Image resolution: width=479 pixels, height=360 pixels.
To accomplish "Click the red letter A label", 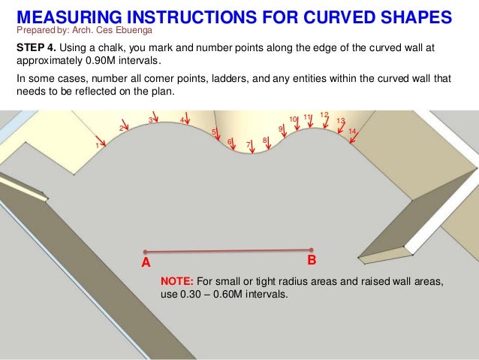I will (146, 263).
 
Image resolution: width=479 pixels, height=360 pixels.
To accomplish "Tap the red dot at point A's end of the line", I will (145, 252).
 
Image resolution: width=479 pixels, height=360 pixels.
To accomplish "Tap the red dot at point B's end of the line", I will (311, 250).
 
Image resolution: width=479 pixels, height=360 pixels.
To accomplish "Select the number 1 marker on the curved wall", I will (96, 146).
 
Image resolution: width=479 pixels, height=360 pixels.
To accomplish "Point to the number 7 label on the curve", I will (248, 144).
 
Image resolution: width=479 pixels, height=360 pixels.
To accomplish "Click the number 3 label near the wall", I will (150, 120).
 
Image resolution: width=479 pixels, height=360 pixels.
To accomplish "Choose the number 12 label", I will (324, 115).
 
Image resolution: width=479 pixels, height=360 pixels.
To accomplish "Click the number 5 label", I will (214, 132).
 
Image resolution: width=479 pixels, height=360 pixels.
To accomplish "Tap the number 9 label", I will (280, 129).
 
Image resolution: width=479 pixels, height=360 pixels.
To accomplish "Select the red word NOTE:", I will (177, 281).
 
